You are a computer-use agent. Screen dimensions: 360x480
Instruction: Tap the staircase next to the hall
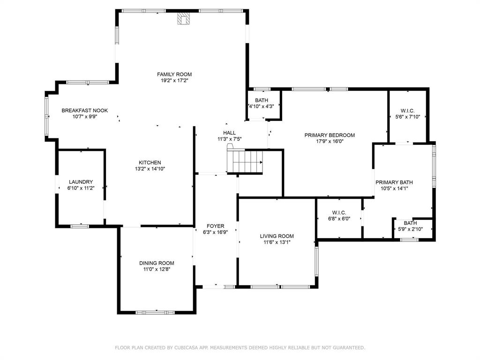246,162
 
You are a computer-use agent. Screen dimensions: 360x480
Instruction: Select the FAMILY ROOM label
174,74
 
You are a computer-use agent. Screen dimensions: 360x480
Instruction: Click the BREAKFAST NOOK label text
85,111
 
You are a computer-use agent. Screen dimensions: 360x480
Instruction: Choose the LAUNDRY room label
81,182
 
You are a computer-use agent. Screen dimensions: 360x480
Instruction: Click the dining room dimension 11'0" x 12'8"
157,270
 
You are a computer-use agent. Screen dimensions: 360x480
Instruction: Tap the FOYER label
215,226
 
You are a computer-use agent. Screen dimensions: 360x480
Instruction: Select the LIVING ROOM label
277,236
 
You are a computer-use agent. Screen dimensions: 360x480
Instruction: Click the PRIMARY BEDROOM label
330,135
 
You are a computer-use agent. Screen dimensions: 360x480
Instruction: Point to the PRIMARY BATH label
394,182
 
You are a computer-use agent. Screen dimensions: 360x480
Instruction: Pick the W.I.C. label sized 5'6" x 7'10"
407,111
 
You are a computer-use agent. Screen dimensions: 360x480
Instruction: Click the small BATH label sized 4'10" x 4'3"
262,100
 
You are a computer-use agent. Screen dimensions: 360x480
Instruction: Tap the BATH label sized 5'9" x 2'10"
410,223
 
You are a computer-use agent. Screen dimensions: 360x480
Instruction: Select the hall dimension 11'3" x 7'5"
229,139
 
